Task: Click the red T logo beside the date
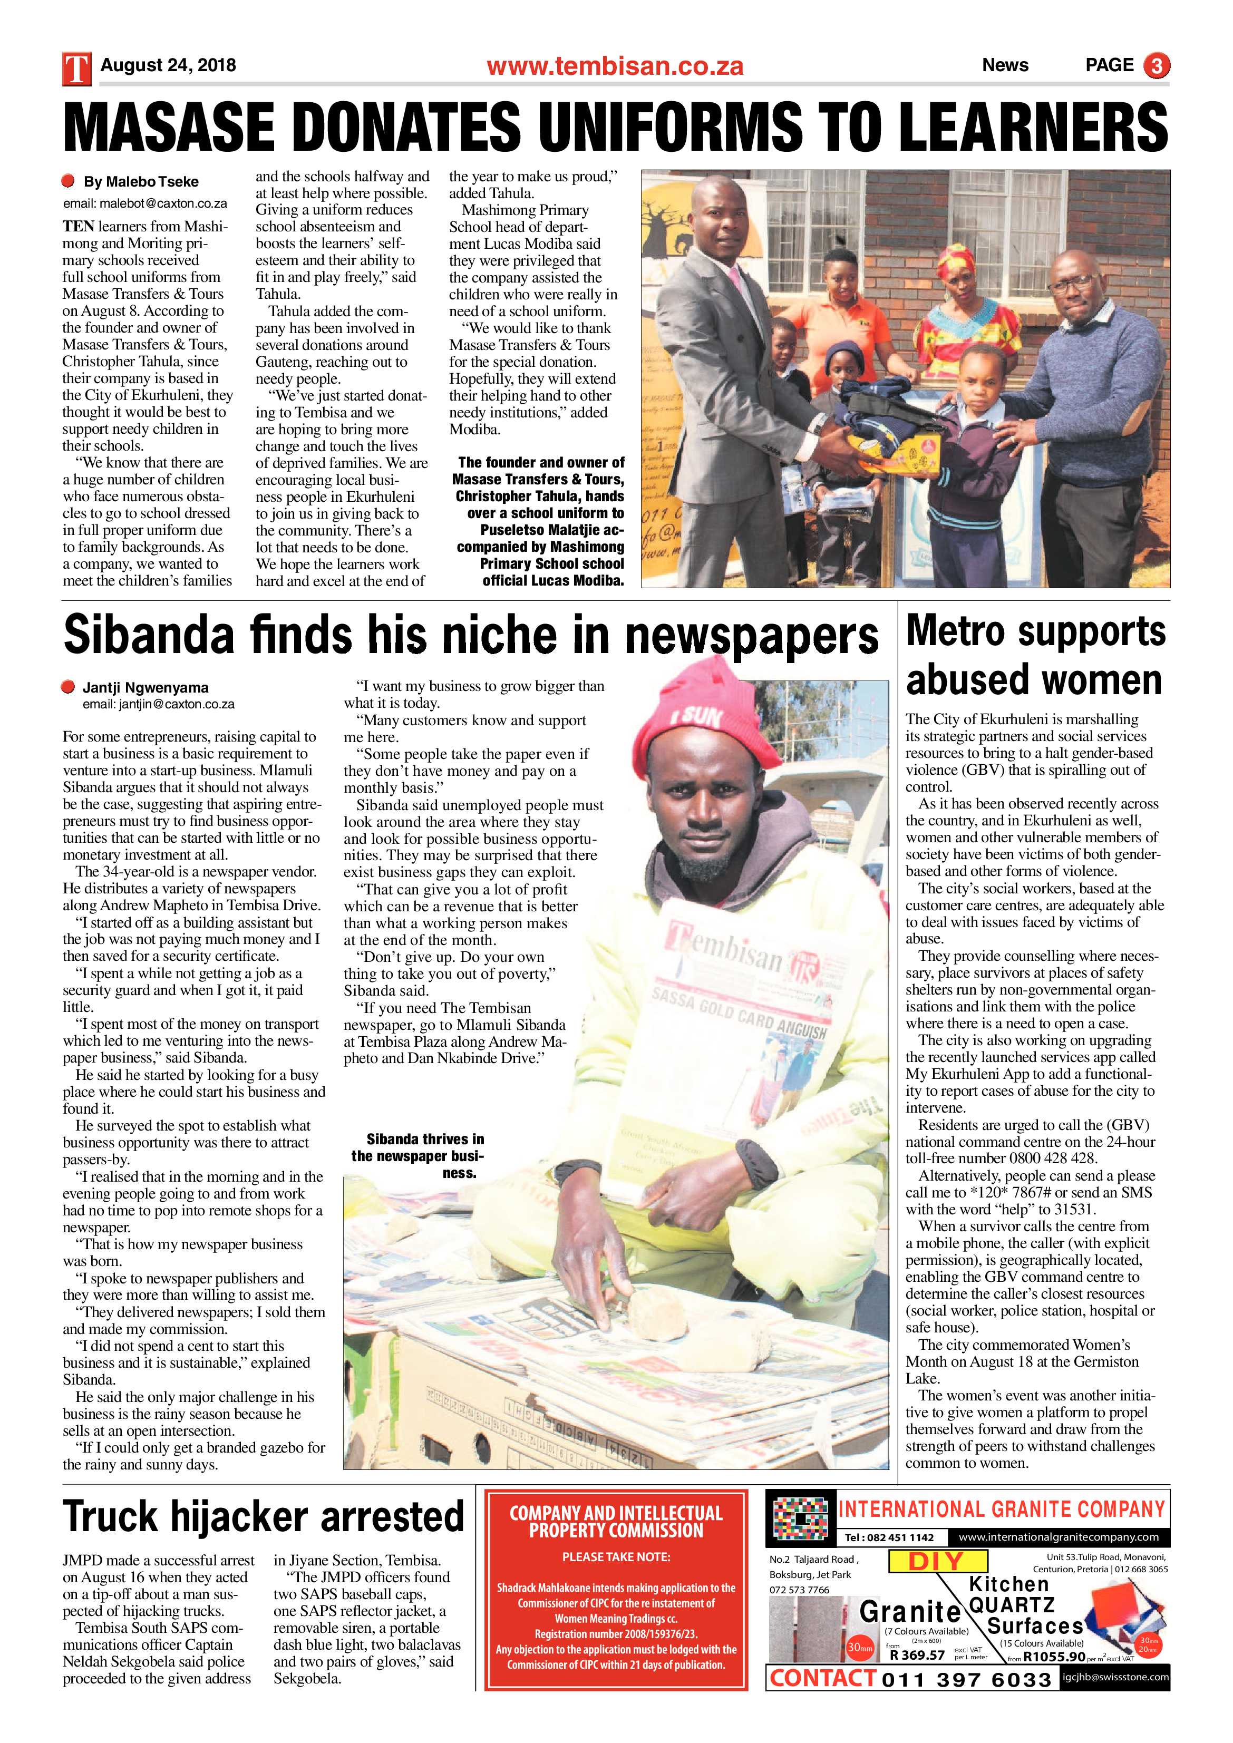[76, 67]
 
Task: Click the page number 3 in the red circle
[1157, 66]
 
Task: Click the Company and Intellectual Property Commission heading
[616, 1521]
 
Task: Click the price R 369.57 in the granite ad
[917, 1656]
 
